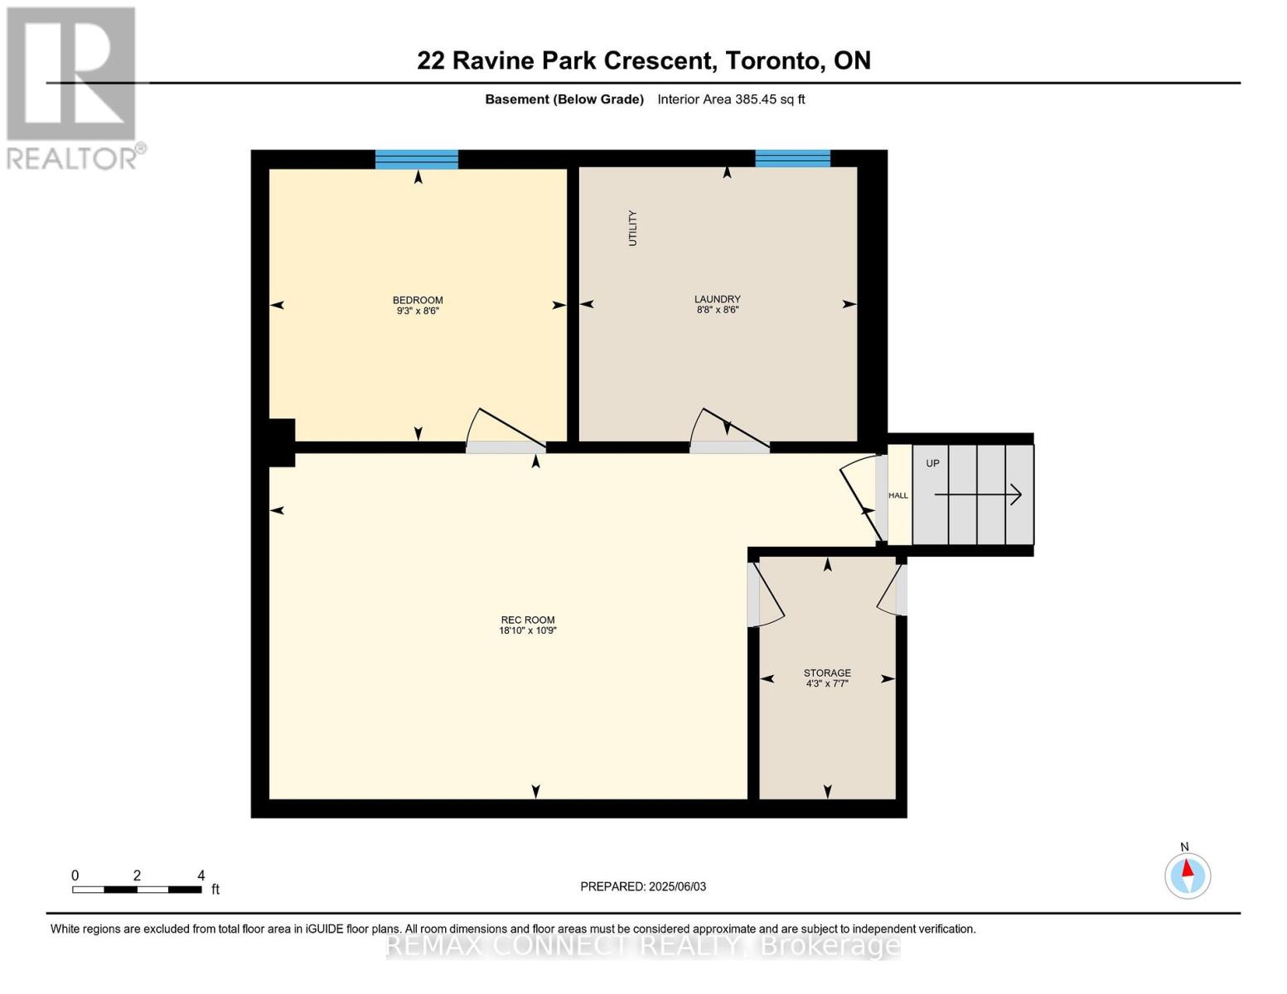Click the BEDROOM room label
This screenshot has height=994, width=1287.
click(x=417, y=300)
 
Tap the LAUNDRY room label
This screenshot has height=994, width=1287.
click(x=717, y=299)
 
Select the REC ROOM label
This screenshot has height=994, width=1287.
click(x=527, y=620)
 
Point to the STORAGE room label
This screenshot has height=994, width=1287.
click(x=826, y=673)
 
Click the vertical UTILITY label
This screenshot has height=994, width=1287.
click(x=633, y=228)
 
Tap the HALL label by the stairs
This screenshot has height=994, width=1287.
click(x=898, y=495)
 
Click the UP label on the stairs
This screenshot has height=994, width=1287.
click(x=932, y=463)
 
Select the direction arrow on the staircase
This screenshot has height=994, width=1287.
click(x=978, y=495)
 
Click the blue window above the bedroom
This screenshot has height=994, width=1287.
click(x=416, y=159)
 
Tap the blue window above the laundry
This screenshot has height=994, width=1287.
click(x=792, y=158)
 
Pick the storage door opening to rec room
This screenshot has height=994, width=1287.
click(x=766, y=595)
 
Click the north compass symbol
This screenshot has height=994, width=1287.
click(x=1187, y=875)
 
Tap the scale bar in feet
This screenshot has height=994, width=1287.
click(x=137, y=890)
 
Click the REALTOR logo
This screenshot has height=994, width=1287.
click(x=73, y=87)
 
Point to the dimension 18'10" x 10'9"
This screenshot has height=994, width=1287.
click(x=527, y=630)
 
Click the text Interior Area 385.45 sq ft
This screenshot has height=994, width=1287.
click(x=731, y=99)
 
